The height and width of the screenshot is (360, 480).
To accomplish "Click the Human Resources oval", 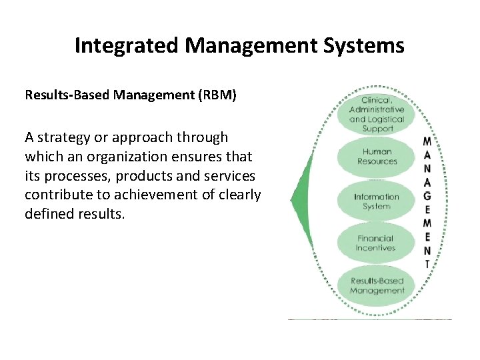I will (x=377, y=156).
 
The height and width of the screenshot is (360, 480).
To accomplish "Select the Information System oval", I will (x=377, y=201).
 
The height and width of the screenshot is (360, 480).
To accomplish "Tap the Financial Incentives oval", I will (x=377, y=243).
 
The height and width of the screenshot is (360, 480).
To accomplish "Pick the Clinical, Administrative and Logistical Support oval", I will (x=377, y=114).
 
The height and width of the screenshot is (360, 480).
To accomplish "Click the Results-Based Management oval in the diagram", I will (x=377, y=286).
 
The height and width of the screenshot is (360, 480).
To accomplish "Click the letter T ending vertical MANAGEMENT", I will (x=427, y=264).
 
